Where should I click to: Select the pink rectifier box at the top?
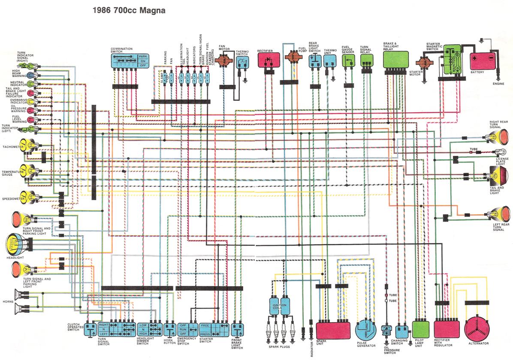click(269, 60)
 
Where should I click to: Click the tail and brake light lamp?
click(500, 175)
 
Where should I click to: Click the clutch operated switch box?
click(91, 330)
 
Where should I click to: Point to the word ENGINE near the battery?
click(498, 84)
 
